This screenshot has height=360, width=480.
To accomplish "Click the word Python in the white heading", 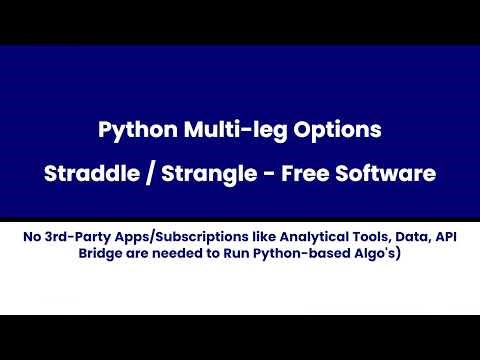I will tap(133, 130).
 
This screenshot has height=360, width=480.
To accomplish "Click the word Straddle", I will tap(90, 173).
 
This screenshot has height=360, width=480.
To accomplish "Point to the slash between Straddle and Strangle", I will tap(150, 173).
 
